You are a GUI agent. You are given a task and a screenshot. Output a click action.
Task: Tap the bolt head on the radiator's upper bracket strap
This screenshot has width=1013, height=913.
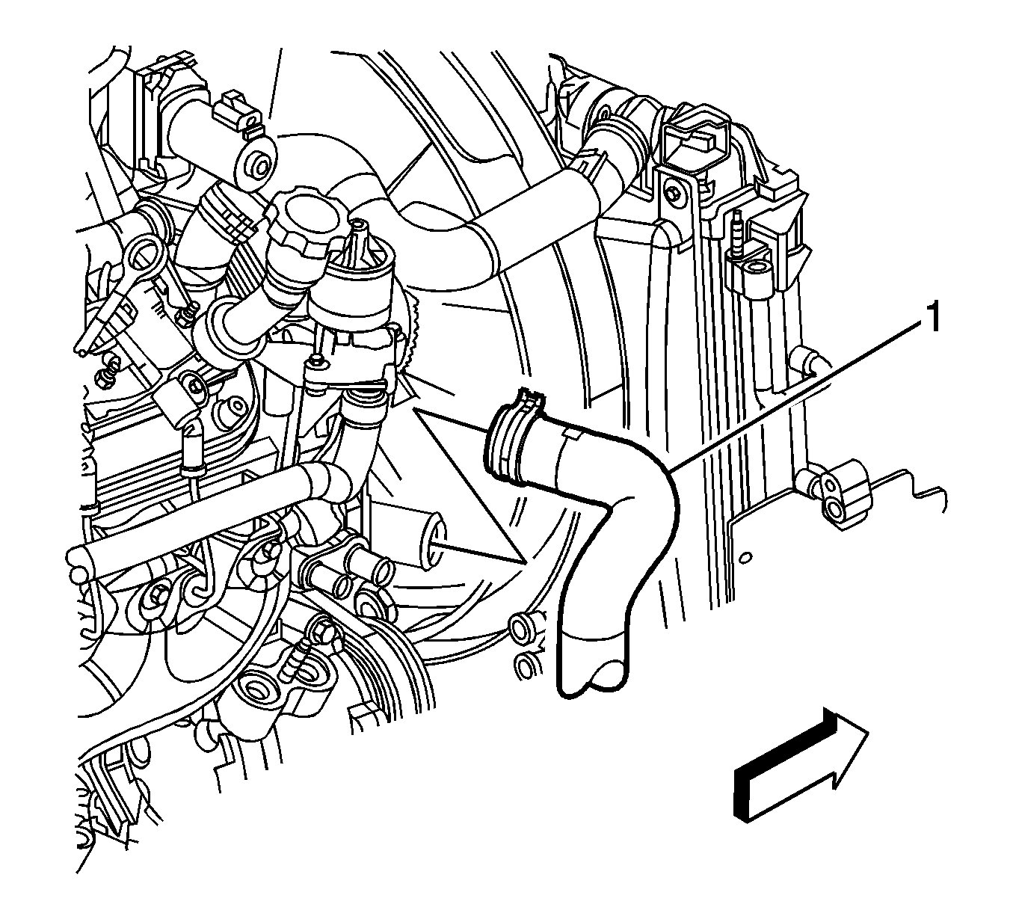673,192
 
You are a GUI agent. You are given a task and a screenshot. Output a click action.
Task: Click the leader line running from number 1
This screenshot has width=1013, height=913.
800,395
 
